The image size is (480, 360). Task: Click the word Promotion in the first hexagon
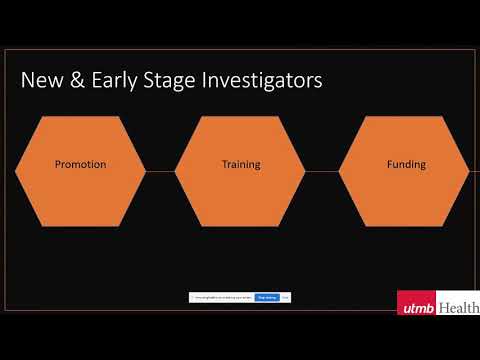(x=80, y=164)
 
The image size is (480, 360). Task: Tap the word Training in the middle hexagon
(x=240, y=164)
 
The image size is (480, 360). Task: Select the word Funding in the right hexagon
(x=406, y=164)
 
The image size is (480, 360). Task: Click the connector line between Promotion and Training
(x=160, y=171)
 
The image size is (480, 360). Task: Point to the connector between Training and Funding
(x=322, y=171)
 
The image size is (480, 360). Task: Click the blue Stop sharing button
(x=267, y=297)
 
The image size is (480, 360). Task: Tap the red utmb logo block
(x=416, y=307)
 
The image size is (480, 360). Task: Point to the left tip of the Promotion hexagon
(x=17, y=171)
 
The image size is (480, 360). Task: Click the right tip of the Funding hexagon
(x=467, y=171)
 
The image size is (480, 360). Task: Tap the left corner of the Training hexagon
(x=177, y=171)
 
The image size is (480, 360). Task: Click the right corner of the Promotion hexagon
(x=144, y=171)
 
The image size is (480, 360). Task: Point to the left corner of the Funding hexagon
(x=341, y=171)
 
